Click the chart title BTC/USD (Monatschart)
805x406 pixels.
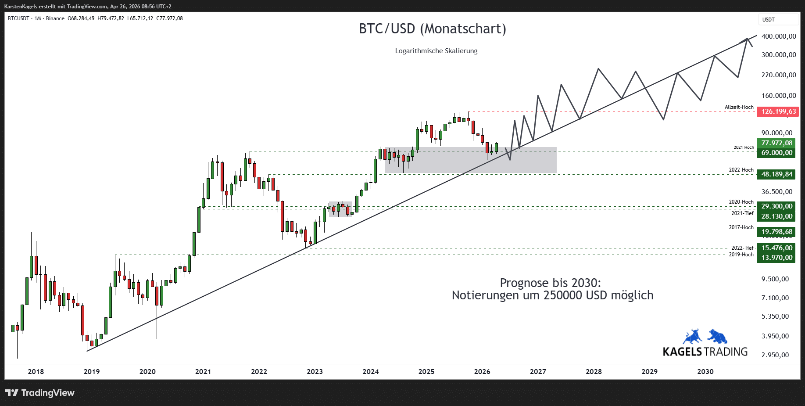(x=432, y=29)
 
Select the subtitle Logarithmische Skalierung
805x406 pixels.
(x=436, y=51)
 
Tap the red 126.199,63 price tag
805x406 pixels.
(x=779, y=111)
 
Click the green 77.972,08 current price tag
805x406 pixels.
(x=776, y=143)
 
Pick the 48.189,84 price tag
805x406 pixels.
(x=776, y=174)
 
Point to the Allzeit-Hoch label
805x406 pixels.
(x=739, y=107)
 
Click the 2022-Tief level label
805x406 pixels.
(x=742, y=248)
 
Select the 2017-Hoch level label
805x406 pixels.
(x=741, y=227)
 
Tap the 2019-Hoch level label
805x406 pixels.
(x=741, y=255)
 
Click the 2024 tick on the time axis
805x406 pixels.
(x=371, y=372)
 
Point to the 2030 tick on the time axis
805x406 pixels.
(x=705, y=372)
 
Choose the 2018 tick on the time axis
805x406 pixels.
(x=36, y=372)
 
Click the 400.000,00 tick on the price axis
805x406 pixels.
(x=779, y=36)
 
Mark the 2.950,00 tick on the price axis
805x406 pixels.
(x=775, y=355)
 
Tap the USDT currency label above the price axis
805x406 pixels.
(x=769, y=20)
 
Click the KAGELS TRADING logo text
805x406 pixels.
(x=705, y=352)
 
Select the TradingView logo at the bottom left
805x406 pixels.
(x=40, y=393)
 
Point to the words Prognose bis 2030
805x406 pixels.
(x=551, y=283)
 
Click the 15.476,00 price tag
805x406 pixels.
(x=776, y=248)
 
